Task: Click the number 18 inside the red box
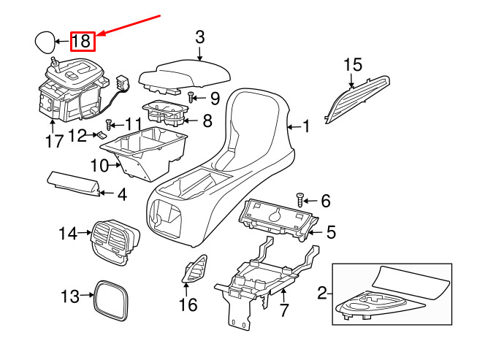[x=82, y=41]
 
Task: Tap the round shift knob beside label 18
[x=45, y=42]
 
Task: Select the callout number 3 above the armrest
[x=200, y=37]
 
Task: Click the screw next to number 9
[x=191, y=97]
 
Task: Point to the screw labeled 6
[x=300, y=200]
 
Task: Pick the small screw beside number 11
[x=109, y=125]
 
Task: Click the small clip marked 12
[x=102, y=135]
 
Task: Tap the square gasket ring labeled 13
[x=111, y=300]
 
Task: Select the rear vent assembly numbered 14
[x=115, y=242]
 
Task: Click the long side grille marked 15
[x=357, y=99]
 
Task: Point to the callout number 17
[x=55, y=142]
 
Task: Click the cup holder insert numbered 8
[x=166, y=113]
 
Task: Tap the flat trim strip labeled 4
[x=74, y=184]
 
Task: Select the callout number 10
[x=99, y=166]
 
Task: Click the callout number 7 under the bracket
[x=284, y=310]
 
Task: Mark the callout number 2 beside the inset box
[x=322, y=293]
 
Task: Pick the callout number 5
[x=331, y=232]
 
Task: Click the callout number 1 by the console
[x=305, y=126]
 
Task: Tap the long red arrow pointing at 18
[x=129, y=25]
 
